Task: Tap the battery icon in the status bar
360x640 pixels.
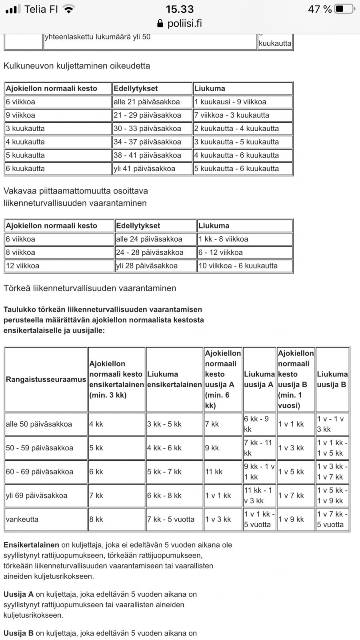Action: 344,9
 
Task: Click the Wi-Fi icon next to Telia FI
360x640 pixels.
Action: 69,9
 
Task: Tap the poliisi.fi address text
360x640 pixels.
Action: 184,24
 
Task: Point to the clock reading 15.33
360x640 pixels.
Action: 180,9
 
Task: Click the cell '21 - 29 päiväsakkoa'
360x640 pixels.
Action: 147,115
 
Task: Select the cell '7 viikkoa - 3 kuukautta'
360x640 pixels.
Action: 232,115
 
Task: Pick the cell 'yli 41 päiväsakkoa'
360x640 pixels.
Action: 144,169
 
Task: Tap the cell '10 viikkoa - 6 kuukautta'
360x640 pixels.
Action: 238,266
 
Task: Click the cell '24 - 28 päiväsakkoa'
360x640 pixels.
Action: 150,252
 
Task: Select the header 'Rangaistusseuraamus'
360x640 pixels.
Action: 46,379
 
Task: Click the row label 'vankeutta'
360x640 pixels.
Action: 22,519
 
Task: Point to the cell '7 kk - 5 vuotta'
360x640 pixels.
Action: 171,519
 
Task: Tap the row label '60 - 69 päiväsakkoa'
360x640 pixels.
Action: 40,472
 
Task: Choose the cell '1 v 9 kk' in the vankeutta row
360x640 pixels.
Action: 291,519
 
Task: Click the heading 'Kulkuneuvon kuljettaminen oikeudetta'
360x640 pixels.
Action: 77,66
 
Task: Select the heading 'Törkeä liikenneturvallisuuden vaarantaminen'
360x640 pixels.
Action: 90,288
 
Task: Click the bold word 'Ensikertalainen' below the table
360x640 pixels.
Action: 31,545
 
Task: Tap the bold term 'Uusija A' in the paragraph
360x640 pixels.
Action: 18,594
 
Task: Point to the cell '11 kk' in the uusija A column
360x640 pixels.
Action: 214,472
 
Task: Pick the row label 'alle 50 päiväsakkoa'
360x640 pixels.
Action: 39,424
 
